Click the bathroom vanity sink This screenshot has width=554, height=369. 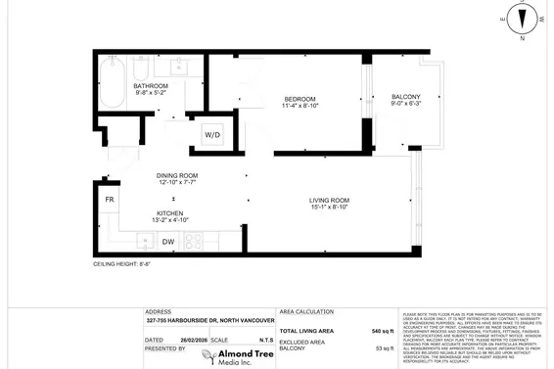[x=178, y=69]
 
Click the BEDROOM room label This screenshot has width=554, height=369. [x=300, y=99]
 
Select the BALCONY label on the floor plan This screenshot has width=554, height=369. [x=406, y=96]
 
